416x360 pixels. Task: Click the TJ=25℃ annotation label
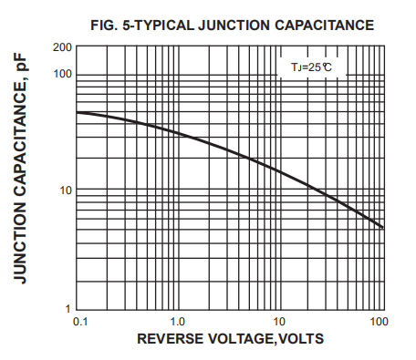(306, 67)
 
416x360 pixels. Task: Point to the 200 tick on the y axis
(62, 47)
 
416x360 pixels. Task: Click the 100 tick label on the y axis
(62, 74)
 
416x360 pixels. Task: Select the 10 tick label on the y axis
(65, 190)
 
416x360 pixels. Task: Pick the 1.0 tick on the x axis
(179, 322)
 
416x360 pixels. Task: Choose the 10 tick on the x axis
(280, 322)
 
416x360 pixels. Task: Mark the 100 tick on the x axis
(379, 322)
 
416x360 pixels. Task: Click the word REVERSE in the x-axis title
(171, 340)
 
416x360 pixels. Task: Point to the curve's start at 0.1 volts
(78, 112)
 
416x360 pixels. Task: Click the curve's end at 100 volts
(382, 227)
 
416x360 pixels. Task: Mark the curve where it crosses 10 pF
(321, 190)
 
